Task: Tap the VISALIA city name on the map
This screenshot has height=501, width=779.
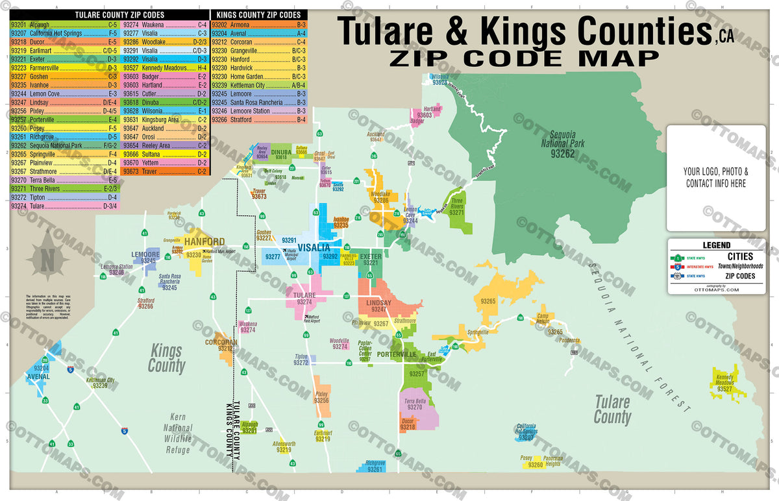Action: pos(315,248)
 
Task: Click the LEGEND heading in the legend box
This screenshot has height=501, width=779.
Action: pos(716,245)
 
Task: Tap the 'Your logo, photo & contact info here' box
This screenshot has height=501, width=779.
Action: pos(716,178)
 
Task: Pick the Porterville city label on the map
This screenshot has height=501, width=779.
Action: pos(397,354)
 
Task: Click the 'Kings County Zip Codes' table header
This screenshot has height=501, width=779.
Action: pos(258,14)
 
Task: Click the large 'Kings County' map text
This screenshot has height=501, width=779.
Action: pos(166,358)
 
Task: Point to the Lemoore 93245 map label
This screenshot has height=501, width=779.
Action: pos(145,256)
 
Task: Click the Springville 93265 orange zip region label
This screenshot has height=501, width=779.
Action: pos(489,301)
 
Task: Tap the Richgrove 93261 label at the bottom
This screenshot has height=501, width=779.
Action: pos(375,466)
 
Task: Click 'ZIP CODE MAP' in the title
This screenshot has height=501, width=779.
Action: pos(525,58)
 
